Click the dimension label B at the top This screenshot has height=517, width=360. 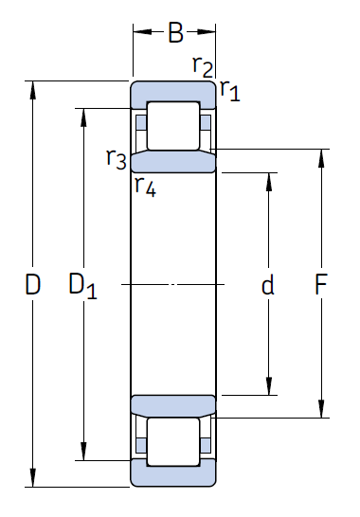pyautogui.click(x=175, y=34)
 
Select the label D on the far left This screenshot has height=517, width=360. pyautogui.click(x=32, y=284)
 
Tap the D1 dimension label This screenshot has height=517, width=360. pyautogui.click(x=83, y=284)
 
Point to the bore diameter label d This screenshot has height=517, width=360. pyautogui.click(x=268, y=285)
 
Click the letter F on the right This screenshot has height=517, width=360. pyautogui.click(x=322, y=284)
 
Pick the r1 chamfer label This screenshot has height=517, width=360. pyautogui.click(x=229, y=91)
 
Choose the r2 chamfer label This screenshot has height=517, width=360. pyautogui.click(x=202, y=65)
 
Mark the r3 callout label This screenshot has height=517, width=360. pyautogui.click(x=117, y=158)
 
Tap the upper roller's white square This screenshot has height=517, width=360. pyautogui.click(x=174, y=123)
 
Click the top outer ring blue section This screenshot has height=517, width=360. pyautogui.click(x=173, y=93)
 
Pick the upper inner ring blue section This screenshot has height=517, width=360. pyautogui.click(x=173, y=161)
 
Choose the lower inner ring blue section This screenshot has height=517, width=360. pyautogui.click(x=173, y=405)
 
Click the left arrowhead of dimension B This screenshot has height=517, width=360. pyautogui.click(x=137, y=33)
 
